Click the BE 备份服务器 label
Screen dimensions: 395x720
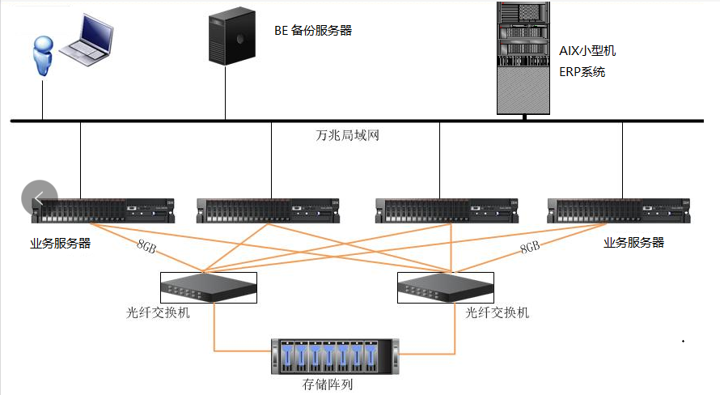point(312,32)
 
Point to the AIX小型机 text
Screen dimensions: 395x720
point(587,50)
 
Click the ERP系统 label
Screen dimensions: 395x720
point(582,72)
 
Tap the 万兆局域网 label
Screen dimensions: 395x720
point(347,136)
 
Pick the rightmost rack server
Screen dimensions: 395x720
point(621,211)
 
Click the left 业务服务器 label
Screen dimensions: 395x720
point(61,243)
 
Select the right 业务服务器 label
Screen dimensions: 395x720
point(633,243)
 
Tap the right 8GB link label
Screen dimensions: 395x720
point(530,248)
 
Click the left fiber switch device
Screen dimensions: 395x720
point(208,287)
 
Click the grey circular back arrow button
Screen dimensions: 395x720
point(40,197)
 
